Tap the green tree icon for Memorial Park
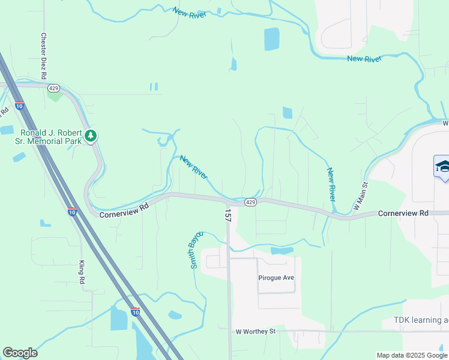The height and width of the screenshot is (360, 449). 91,136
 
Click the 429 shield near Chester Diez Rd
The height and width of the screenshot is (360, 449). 53,88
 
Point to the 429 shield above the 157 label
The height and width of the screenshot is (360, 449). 251,203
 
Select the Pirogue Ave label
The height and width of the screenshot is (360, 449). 276,278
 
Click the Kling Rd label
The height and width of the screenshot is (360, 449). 82,272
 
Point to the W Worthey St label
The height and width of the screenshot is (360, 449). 255,331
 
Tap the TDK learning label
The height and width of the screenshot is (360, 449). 421,320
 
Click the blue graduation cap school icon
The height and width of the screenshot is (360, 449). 442,166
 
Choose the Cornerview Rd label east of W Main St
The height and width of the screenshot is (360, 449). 403,213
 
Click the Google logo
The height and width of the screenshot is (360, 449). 20,353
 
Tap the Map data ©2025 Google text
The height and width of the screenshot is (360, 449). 412,355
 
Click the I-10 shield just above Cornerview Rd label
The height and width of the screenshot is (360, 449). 71,212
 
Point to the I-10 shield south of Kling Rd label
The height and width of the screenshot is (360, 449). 135,311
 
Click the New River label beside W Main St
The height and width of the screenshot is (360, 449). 331,184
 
